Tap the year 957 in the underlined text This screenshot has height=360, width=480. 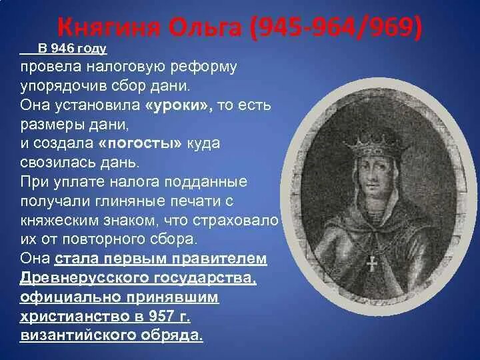167,315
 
